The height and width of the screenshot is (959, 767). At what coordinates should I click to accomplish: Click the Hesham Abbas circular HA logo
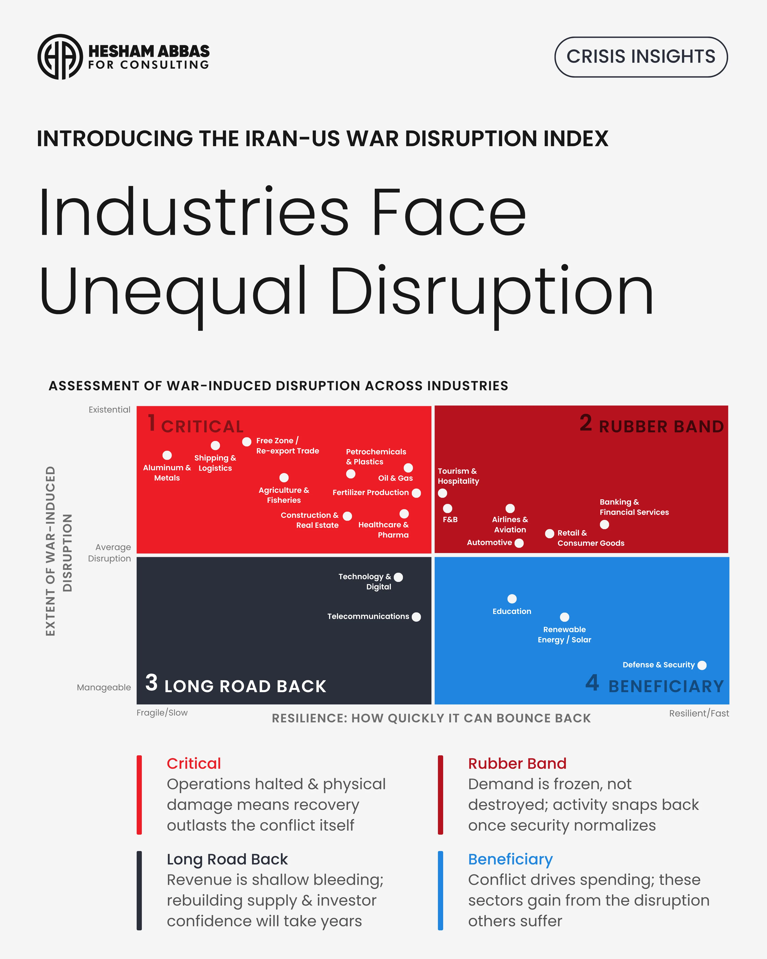60,57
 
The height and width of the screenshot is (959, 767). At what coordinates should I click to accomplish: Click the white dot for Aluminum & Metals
167,455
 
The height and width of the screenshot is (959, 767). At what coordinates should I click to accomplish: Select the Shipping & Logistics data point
215,445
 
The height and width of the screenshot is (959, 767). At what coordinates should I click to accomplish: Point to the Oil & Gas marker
408,468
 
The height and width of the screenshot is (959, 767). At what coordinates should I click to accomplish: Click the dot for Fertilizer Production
416,493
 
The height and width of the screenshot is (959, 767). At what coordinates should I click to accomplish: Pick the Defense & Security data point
702,665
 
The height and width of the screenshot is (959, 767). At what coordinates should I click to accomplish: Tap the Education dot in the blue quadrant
512,599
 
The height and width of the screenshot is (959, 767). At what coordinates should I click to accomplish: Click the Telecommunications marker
416,616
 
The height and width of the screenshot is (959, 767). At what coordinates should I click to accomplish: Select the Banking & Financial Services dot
604,524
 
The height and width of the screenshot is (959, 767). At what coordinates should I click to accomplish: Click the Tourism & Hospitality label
458,476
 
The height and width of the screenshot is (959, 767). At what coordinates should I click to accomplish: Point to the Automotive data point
519,543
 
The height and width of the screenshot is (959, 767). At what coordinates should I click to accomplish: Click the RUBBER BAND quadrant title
661,426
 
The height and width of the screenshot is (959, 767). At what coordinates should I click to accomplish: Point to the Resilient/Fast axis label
699,713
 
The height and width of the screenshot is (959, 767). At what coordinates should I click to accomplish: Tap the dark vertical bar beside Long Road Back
139,891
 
